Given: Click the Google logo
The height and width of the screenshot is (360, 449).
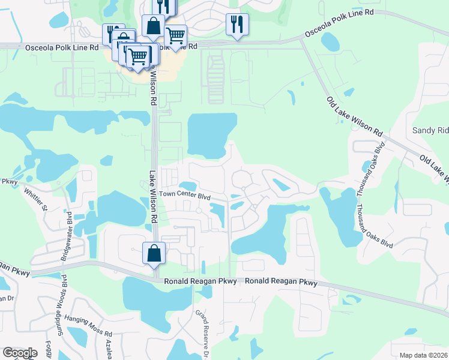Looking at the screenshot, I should pyautogui.click(x=20, y=353).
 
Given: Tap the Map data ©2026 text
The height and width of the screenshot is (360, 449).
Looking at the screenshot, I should pyautogui.click(x=424, y=355).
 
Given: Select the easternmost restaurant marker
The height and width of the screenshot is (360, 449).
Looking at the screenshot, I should pyautogui.click(x=237, y=24).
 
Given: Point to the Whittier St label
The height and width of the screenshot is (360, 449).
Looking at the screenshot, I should pyautogui.click(x=35, y=200).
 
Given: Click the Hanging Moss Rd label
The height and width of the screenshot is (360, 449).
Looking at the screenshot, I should pyautogui.click(x=86, y=334).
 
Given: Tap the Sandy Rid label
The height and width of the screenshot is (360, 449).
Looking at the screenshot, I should pyautogui.click(x=430, y=130).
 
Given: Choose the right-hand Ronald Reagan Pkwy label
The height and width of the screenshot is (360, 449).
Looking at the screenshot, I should pyautogui.click(x=281, y=281).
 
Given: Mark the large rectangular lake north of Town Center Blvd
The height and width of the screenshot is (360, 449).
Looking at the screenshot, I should pyautogui.click(x=212, y=135).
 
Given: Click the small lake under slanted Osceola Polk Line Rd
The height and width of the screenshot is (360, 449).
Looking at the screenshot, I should pyautogui.click(x=331, y=41).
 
